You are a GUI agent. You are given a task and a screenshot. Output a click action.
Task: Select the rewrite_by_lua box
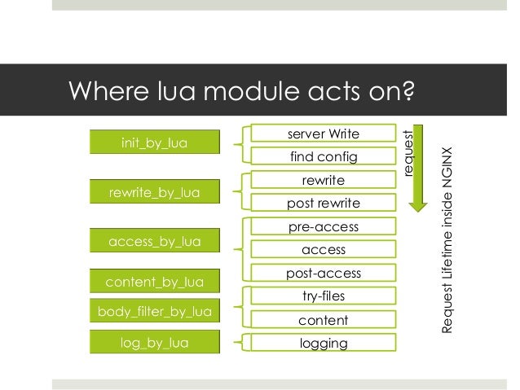(x=154, y=192)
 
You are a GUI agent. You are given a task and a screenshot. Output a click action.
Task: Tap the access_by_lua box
(x=154, y=241)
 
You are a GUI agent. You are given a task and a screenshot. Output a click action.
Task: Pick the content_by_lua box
(x=154, y=283)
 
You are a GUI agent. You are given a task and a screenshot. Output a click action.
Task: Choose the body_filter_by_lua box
(x=154, y=312)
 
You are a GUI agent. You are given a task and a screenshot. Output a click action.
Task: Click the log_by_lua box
(x=154, y=343)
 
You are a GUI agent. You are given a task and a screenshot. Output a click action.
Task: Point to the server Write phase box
(x=324, y=133)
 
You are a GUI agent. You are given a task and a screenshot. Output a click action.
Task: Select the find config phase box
(x=324, y=156)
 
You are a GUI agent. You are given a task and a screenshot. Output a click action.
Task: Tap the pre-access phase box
(x=324, y=227)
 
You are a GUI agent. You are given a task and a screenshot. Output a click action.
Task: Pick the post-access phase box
(x=324, y=274)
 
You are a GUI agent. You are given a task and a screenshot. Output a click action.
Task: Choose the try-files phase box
(x=324, y=297)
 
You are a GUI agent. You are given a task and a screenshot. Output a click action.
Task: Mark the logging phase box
(x=324, y=343)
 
